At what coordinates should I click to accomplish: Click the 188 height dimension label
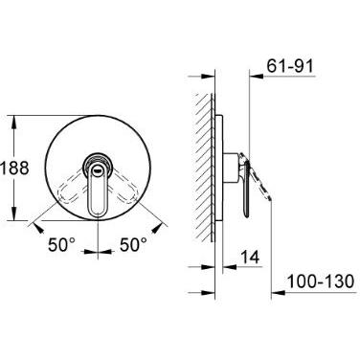14,169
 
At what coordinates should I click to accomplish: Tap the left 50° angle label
62,245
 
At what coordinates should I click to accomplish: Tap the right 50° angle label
133,245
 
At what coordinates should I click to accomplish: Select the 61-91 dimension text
290,67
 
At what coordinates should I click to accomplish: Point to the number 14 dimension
250,257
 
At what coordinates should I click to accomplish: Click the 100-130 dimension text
321,281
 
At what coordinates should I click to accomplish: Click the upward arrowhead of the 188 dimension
13,123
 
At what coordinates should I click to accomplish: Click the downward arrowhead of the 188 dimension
13,214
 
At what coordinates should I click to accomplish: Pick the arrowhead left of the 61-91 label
256,77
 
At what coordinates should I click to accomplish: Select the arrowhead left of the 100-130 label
278,292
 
